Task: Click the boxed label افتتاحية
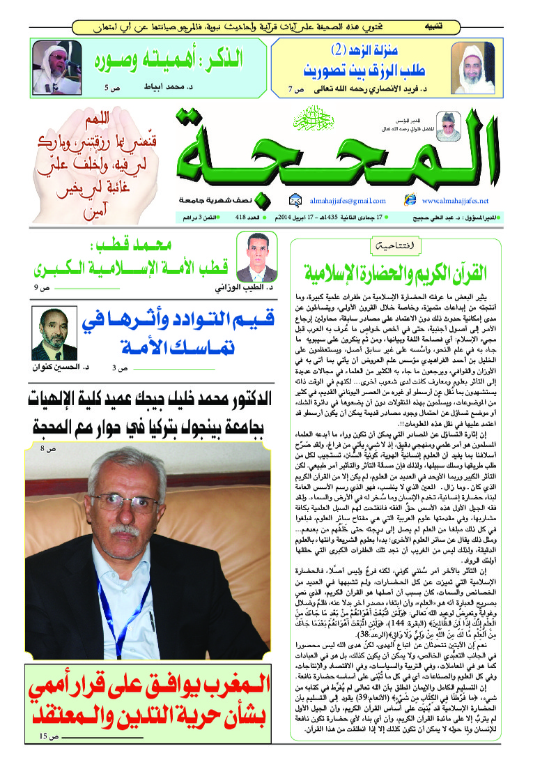coord(388,245)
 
